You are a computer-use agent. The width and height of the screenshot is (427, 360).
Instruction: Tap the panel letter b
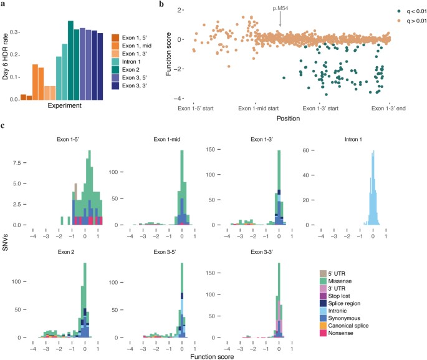point(163,5)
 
